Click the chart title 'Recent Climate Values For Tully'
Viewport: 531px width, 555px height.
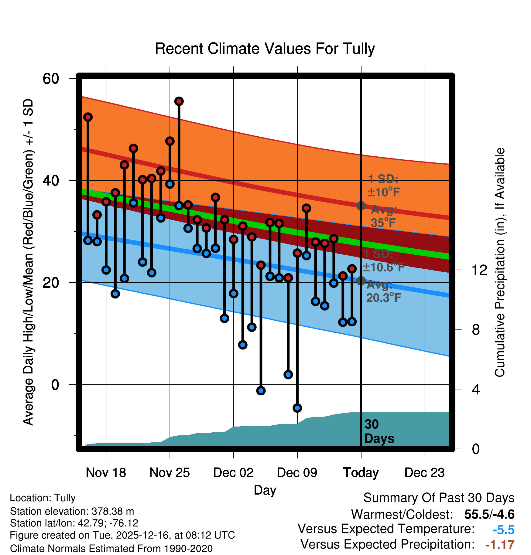click(265, 49)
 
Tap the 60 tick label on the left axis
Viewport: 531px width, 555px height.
click(51, 79)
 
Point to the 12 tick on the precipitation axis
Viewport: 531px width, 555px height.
click(479, 270)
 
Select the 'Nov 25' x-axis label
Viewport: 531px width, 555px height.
click(170, 473)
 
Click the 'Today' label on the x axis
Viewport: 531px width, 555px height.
click(361, 473)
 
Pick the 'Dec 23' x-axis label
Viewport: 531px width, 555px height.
click(424, 473)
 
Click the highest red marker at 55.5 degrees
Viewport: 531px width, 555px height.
click(179, 101)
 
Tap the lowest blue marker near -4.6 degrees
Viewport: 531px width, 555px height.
click(297, 408)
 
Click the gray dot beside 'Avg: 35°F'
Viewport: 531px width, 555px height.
click(361, 206)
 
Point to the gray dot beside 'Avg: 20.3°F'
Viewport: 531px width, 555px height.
click(361, 281)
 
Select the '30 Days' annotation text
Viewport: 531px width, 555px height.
click(379, 431)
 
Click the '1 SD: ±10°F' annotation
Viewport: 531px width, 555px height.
click(383, 186)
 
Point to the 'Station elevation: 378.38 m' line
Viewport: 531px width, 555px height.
click(72, 511)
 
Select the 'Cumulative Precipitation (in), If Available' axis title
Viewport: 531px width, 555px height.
click(500, 263)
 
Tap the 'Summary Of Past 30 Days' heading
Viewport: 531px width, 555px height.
click(439, 498)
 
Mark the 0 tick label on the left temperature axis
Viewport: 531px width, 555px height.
click(55, 385)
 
